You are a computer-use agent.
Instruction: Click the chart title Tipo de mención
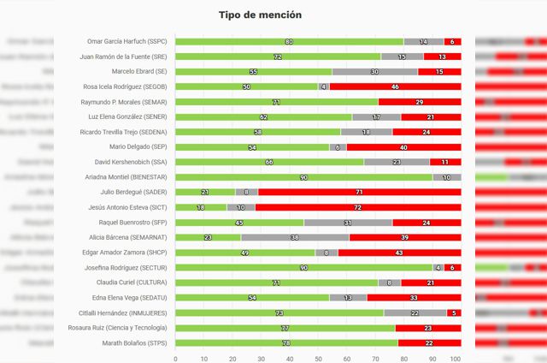(x=260, y=15)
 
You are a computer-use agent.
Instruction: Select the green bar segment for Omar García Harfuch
(x=289, y=41)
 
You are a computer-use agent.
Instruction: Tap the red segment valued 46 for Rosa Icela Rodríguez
(x=395, y=86)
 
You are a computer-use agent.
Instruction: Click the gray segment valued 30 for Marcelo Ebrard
(x=374, y=71)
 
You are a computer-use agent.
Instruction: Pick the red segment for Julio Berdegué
(x=359, y=192)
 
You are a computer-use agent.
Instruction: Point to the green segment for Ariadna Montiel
(x=303, y=176)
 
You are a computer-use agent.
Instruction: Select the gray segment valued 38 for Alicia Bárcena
(x=295, y=237)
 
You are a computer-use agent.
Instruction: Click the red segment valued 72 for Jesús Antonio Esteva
(x=357, y=207)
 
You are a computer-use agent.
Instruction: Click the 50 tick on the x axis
(x=318, y=358)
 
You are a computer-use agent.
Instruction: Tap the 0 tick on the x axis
(x=175, y=358)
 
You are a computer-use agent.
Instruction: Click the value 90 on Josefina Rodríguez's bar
(x=303, y=267)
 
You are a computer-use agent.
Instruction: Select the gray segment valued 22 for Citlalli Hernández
(x=415, y=312)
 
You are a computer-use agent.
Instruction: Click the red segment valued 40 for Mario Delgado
(x=403, y=146)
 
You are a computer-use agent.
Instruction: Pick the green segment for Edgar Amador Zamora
(x=245, y=253)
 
